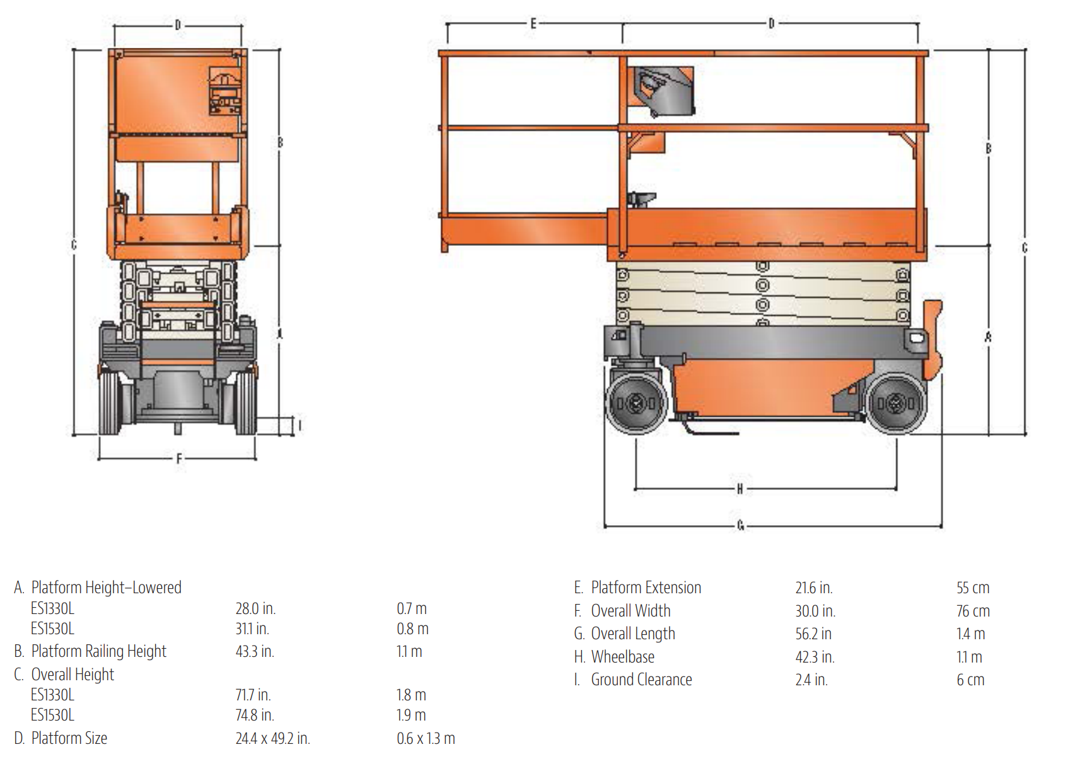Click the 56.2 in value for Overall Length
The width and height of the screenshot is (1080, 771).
click(x=813, y=634)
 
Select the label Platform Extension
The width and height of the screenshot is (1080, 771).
click(x=646, y=588)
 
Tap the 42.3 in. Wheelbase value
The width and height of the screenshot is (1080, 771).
click(x=815, y=657)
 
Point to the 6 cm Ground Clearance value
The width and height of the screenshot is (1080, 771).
click(x=970, y=680)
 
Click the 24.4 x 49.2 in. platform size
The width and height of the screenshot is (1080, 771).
click(x=273, y=738)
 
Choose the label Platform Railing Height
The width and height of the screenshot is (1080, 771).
click(x=99, y=651)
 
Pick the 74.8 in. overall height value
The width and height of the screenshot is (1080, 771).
click(x=255, y=715)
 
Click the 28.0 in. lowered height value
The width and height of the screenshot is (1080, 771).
click(x=255, y=608)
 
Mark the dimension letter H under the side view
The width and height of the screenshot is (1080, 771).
click(x=740, y=489)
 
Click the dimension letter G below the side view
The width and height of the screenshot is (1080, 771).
click(x=741, y=525)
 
